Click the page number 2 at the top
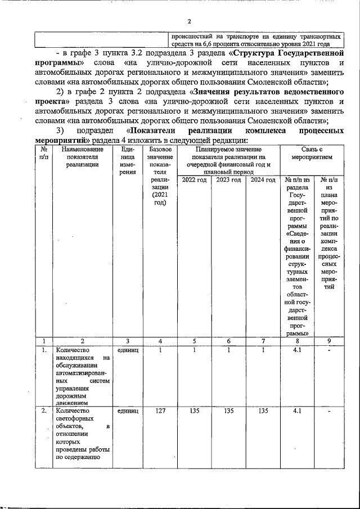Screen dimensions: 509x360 (190, 22)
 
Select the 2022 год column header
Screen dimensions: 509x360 (194, 180)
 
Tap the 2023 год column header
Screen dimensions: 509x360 (228, 180)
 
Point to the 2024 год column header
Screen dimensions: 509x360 (263, 180)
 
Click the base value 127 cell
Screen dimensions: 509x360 (160, 411)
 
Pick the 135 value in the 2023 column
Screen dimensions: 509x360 (228, 411)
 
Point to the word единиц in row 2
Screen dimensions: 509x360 (128, 411)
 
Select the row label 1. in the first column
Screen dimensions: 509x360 (44, 350)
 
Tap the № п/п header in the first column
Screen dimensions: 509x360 (44, 153)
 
